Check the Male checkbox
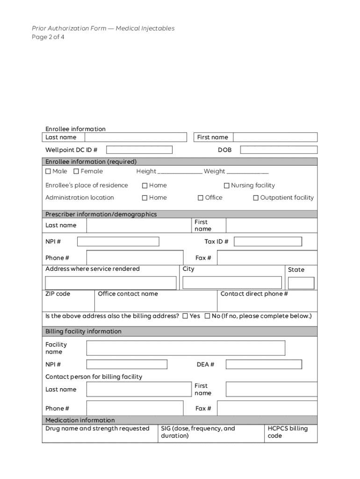[x=48, y=172]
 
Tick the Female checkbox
[x=76, y=172]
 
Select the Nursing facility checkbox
[x=227, y=186]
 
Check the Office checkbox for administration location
[x=201, y=198]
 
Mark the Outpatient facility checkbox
[x=256, y=198]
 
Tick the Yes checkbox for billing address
[x=185, y=316]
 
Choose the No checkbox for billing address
[x=207, y=316]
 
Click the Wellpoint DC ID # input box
[x=139, y=150]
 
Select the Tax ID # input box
[x=268, y=241]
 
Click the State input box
[x=301, y=283]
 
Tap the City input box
[x=232, y=283]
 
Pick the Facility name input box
[x=186, y=348]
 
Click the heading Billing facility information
[x=83, y=332]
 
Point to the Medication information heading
[x=80, y=420]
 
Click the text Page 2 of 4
[x=48, y=37]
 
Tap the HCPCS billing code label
[x=288, y=432]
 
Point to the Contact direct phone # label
[x=254, y=294]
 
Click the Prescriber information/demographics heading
[x=101, y=214]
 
